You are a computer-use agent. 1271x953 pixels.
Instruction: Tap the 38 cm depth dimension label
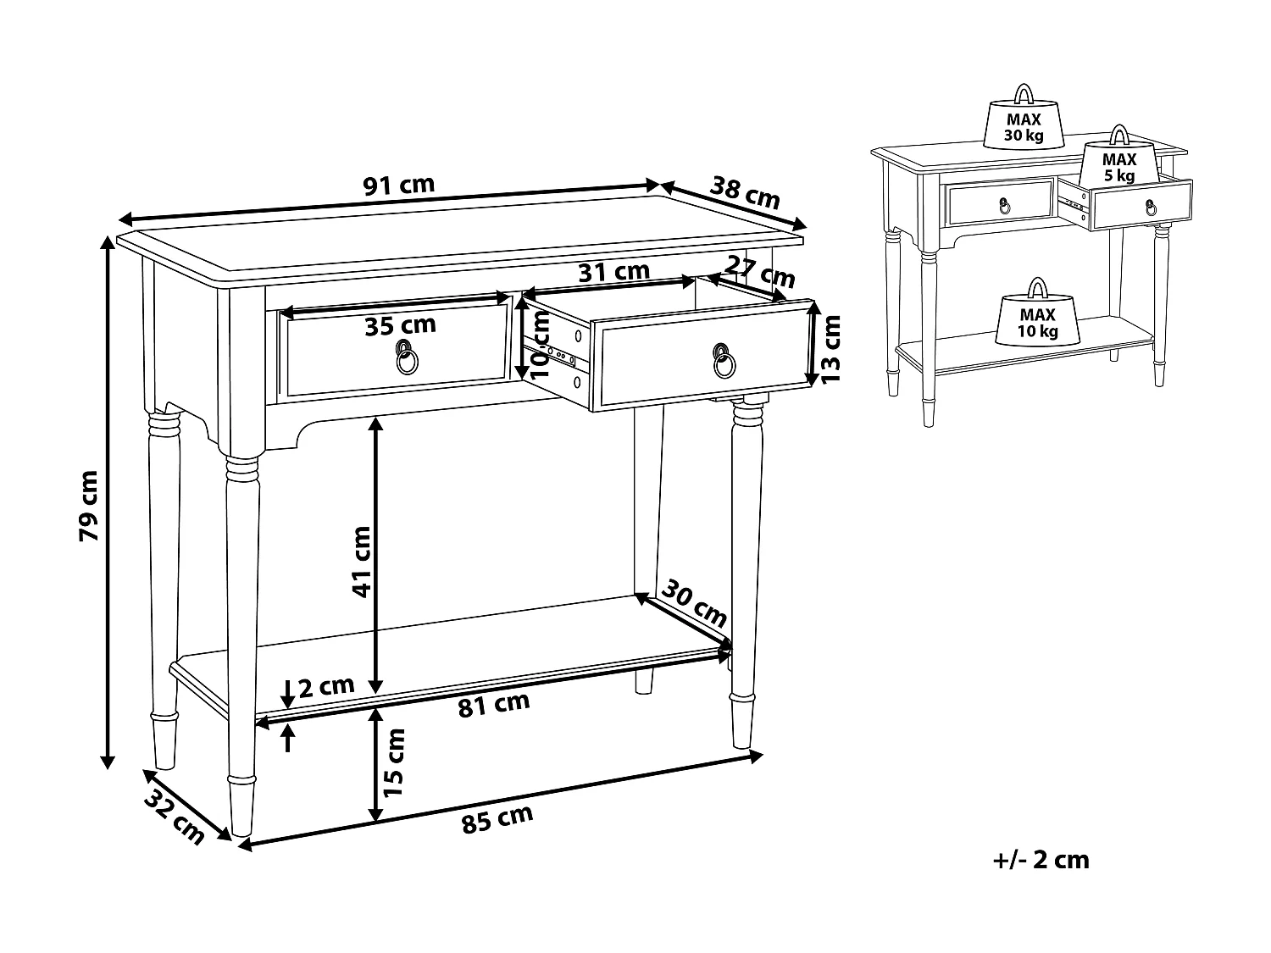pyautogui.click(x=744, y=193)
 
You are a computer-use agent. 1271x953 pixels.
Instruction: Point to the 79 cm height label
pyautogui.click(x=88, y=507)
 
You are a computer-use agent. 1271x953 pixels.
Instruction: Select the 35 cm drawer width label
pyautogui.click(x=400, y=325)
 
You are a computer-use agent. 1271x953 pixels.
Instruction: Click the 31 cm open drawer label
pyautogui.click(x=613, y=273)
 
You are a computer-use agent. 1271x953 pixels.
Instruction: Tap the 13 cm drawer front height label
pyautogui.click(x=832, y=348)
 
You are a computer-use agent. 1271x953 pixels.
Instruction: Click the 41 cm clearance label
pyautogui.click(x=362, y=562)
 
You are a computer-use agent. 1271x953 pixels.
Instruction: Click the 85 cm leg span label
pyautogui.click(x=498, y=819)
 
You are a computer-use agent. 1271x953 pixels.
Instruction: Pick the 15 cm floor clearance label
pyautogui.click(x=394, y=762)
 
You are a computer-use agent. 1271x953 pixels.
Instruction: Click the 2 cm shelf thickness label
pyautogui.click(x=326, y=686)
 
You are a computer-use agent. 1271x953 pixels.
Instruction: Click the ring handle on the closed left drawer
pyautogui.click(x=408, y=359)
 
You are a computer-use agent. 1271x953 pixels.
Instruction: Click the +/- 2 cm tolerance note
pyautogui.click(x=1041, y=860)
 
